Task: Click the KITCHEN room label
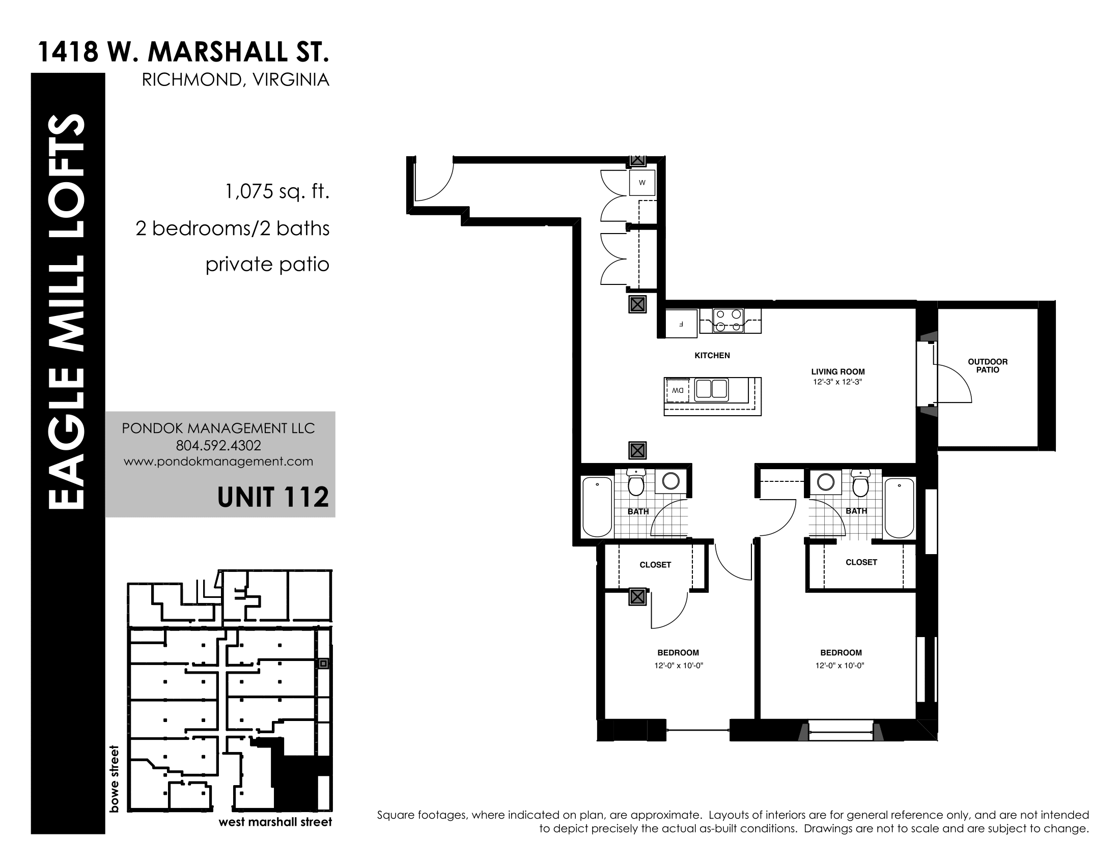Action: pos(712,355)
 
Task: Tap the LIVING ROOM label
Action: pos(838,371)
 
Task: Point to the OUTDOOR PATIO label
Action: pos(988,365)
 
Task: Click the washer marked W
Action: pos(642,183)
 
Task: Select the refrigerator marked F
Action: pos(682,324)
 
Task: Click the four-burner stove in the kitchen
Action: pos(728,320)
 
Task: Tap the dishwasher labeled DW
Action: pos(678,390)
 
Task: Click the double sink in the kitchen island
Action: pos(711,389)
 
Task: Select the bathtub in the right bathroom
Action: pos(900,508)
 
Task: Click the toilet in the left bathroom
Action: pos(636,483)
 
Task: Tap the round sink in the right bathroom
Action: pos(826,482)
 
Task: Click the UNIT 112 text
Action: pos(273,497)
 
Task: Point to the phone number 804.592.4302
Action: pos(218,445)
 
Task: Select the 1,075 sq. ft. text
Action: pos(277,192)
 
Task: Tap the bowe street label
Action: pos(114,779)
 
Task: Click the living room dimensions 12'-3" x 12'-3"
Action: pos(837,382)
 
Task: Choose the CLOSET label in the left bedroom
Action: pos(655,565)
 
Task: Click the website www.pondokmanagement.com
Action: pos(218,462)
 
